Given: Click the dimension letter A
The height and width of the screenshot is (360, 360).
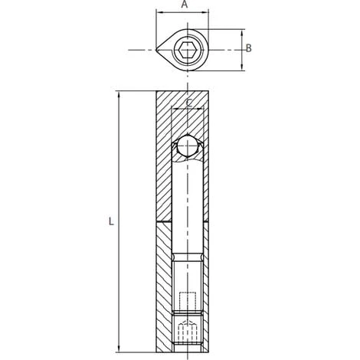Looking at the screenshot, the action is pos(185,5).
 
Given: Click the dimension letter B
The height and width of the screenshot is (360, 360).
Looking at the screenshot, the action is pos(248,48).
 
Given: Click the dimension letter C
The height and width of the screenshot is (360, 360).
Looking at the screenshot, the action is pos(189,103).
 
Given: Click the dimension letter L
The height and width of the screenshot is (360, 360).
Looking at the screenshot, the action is pos(111,221).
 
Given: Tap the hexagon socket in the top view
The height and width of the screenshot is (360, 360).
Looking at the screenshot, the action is pos(186,50).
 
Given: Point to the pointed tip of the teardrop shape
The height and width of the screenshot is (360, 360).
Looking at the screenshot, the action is pos(156,50).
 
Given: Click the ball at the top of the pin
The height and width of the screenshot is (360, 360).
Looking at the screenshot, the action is pos(188,146).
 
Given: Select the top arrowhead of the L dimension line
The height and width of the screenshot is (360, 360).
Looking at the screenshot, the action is pos(119,95).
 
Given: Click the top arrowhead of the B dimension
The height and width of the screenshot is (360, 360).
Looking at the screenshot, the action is pos(242,33).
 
